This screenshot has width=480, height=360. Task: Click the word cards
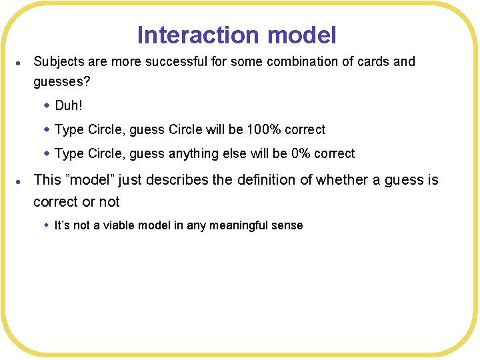(370, 62)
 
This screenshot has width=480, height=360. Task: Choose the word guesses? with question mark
(63, 82)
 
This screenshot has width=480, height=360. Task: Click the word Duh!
(69, 106)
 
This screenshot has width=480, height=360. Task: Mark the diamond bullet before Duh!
(47, 105)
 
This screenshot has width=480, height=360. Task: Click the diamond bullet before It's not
(47, 225)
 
